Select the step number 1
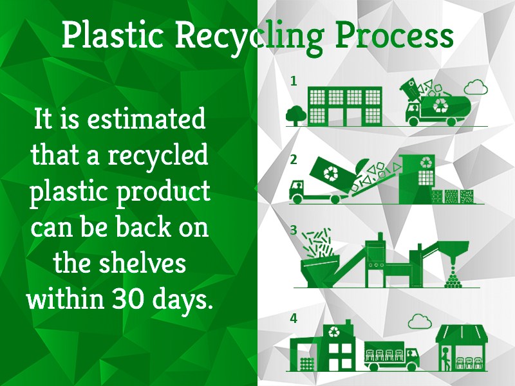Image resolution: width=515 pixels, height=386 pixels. point(294,82)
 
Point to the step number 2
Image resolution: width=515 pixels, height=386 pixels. point(294,160)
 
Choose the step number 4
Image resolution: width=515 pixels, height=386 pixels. point(294,318)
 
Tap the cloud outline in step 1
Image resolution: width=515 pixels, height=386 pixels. point(475,86)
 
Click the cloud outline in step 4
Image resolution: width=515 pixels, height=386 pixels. point(419,320)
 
